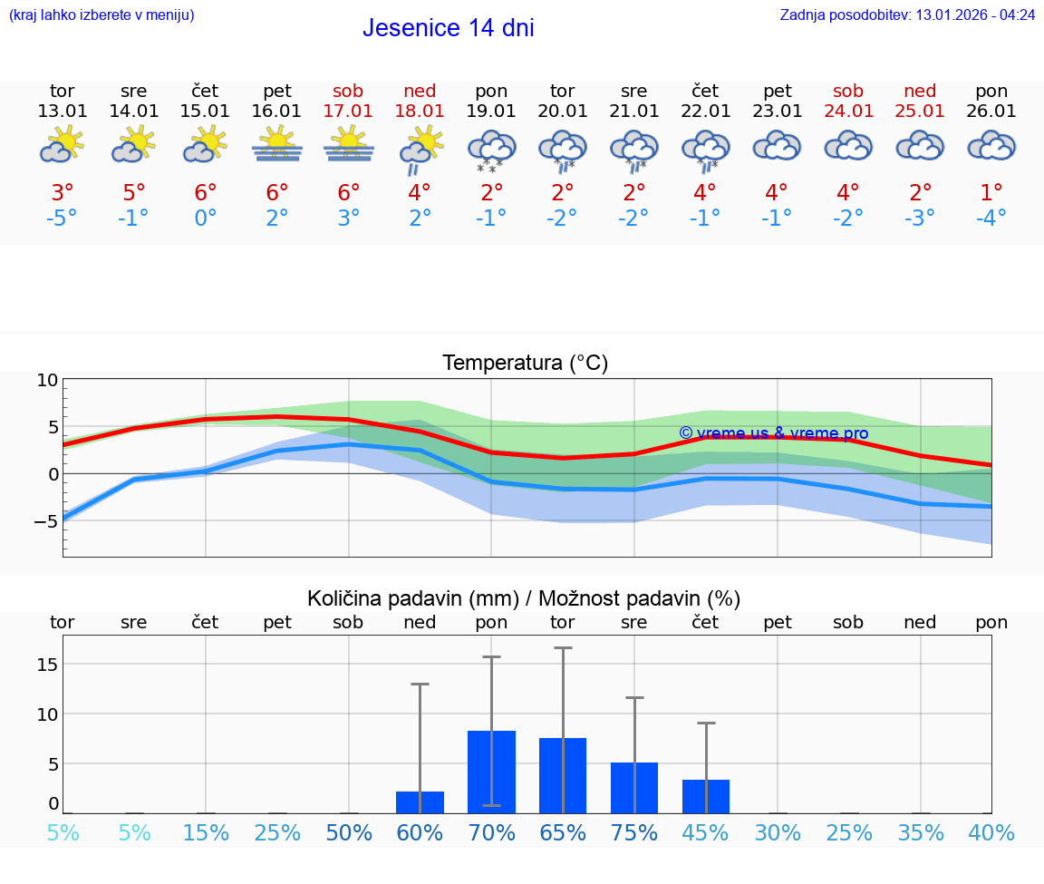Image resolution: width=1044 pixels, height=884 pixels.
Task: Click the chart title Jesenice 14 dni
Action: [x=448, y=28]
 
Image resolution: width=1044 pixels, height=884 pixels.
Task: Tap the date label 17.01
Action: [x=348, y=111]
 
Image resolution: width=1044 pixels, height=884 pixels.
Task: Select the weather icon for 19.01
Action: [x=491, y=150]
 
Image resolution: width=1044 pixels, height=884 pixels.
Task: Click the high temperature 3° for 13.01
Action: [x=62, y=193]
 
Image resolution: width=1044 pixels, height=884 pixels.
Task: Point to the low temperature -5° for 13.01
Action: [x=62, y=219]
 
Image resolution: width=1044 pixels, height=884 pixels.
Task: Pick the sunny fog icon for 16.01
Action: [x=277, y=145]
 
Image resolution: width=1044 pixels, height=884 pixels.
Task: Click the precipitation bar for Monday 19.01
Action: [x=491, y=772]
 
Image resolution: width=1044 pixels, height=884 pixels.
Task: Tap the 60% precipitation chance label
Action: [x=420, y=832]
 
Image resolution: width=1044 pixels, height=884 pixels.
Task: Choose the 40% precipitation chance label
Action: [x=991, y=832]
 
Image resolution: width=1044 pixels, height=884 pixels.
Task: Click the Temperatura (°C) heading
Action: [x=525, y=363]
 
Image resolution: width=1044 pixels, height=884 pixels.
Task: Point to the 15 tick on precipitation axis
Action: [x=48, y=665]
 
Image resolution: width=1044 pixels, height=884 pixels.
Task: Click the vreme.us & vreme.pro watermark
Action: [x=774, y=433]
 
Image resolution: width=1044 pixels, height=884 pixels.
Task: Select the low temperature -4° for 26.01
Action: [x=991, y=219]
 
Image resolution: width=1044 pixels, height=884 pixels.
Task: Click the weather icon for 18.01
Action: [x=420, y=150]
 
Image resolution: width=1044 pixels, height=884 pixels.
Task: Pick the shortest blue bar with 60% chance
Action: [x=420, y=802]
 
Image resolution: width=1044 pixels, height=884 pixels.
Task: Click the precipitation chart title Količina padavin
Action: [x=524, y=598]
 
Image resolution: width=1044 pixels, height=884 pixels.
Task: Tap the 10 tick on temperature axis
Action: [x=47, y=380]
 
